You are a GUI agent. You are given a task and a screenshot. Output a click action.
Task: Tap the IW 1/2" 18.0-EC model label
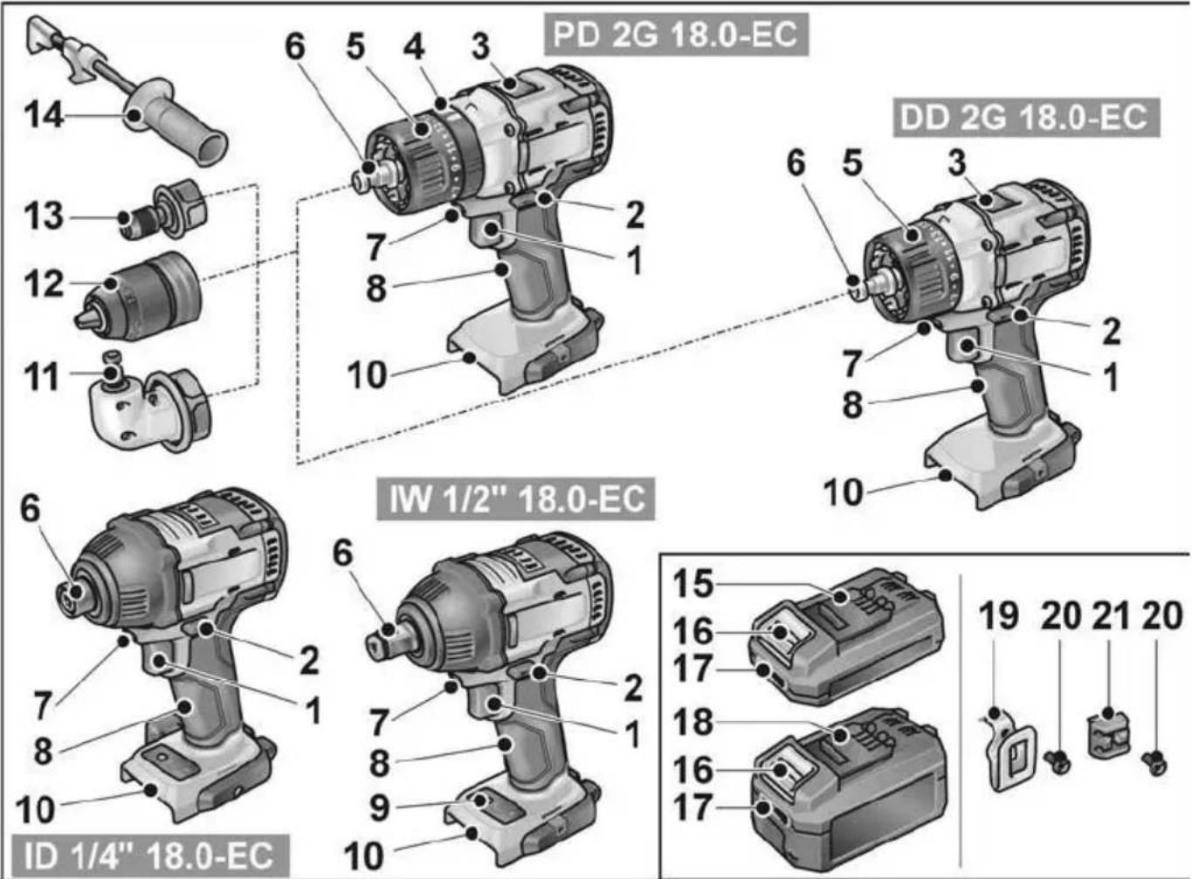(515, 499)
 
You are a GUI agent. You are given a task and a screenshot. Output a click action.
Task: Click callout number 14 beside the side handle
(43, 114)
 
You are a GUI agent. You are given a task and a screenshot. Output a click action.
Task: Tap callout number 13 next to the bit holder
(43, 215)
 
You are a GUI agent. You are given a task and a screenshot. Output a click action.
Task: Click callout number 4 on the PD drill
(414, 46)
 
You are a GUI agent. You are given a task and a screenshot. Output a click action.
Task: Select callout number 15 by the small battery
(692, 584)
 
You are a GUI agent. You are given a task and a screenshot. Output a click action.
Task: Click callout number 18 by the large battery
(692, 722)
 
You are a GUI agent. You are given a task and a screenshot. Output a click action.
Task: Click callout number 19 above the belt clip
(998, 615)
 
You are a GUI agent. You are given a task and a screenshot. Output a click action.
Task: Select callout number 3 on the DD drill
(958, 162)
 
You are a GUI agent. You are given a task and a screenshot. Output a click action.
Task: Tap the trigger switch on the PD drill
(490, 230)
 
